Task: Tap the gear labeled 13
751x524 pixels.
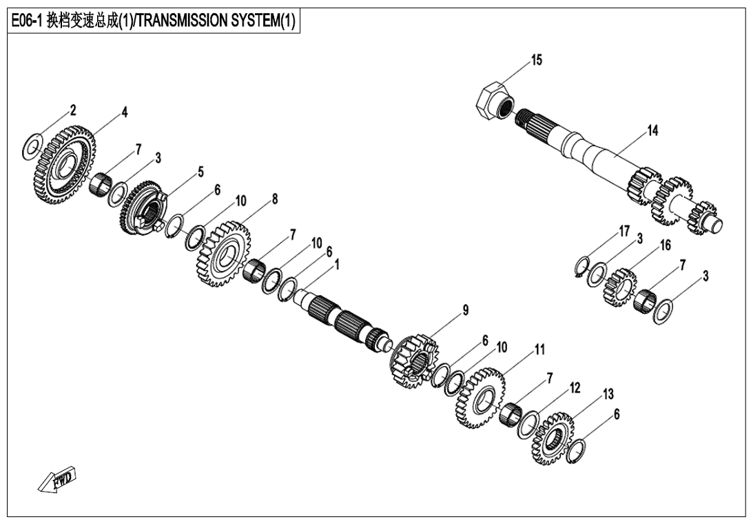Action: click(553, 438)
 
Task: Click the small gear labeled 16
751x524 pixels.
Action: click(619, 288)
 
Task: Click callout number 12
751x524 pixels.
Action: click(573, 388)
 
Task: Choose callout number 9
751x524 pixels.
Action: click(466, 310)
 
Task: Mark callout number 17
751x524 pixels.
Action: click(624, 231)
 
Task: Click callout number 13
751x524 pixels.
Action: click(608, 394)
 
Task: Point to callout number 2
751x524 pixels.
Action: click(72, 110)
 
